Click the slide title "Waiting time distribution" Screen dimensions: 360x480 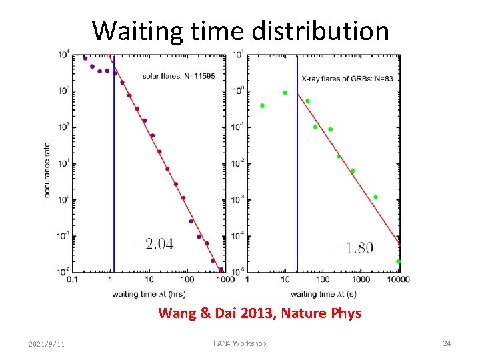240,31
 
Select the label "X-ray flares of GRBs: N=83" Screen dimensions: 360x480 347,79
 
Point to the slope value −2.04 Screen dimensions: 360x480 154,244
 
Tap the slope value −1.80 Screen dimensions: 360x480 353,247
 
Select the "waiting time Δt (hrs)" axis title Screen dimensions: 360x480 149,293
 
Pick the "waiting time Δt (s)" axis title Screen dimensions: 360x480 323,293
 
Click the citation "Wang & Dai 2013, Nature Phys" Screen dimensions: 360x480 260,313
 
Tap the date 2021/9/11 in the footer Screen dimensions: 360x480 47,343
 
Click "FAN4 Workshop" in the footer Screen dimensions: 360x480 239,343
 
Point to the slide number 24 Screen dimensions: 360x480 447,343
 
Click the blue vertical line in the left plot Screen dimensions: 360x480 114,167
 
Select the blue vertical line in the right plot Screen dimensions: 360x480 297,167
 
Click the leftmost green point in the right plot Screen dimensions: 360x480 263,105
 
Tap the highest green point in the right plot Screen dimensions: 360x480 285,93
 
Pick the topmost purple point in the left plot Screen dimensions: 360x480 85,58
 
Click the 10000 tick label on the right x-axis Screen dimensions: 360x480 399,280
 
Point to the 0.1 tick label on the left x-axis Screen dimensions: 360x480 72,280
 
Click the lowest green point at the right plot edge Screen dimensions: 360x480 398,261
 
